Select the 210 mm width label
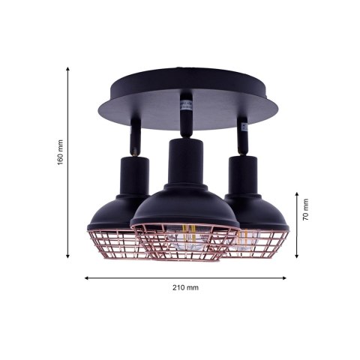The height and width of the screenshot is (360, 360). [186, 287]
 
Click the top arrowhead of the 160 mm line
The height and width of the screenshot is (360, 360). [69, 68]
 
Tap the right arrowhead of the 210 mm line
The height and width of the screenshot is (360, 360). [286, 277]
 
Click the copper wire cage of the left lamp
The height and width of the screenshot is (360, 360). [112, 241]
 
